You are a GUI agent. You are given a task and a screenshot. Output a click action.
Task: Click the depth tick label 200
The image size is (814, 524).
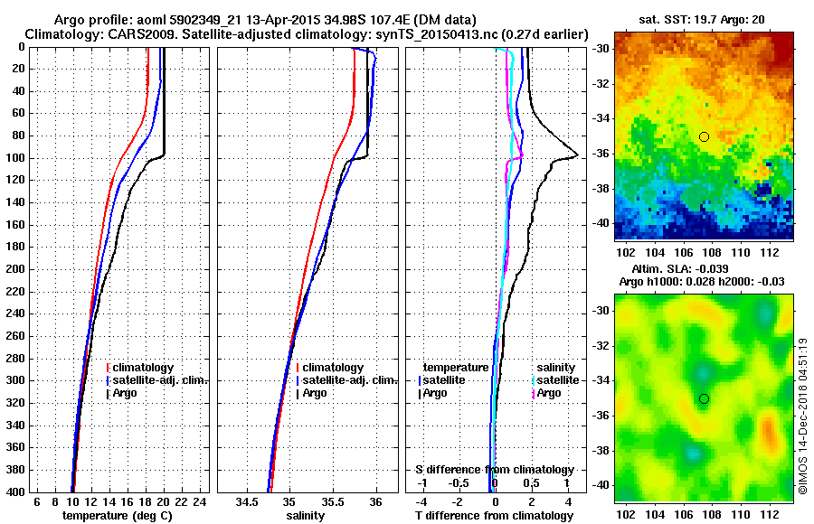click(x=17, y=269)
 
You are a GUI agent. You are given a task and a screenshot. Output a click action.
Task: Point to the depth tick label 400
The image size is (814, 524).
click(x=17, y=491)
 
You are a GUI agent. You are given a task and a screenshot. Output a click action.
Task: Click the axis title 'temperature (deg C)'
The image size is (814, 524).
click(x=117, y=515)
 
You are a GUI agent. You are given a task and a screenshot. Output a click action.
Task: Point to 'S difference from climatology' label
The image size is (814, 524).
click(x=494, y=470)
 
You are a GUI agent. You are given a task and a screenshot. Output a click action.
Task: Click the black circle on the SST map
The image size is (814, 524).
click(x=704, y=136)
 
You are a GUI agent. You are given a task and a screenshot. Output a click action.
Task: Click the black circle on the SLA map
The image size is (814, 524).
click(x=704, y=398)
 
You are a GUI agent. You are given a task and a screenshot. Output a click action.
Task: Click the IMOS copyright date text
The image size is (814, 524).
click(x=803, y=416)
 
